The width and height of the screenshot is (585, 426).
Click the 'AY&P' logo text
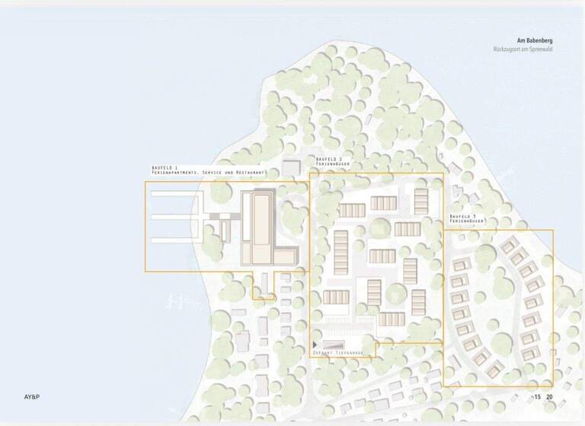pyautogui.click(x=34, y=397)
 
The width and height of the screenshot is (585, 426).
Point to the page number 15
pyautogui.click(x=537, y=397)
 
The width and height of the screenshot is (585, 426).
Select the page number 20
pyautogui.click(x=549, y=397)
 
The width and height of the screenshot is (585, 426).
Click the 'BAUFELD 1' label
pyautogui.click(x=165, y=167)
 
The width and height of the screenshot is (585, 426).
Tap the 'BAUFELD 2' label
pyautogui.click(x=328, y=158)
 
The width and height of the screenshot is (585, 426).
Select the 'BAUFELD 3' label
pyautogui.click(x=462, y=216)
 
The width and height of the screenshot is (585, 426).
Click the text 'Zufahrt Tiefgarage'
pyautogui.click(x=344, y=354)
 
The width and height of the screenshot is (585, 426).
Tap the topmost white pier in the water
pyautogui.click(x=175, y=193)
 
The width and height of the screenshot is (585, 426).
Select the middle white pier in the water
pyautogui.click(x=175, y=217)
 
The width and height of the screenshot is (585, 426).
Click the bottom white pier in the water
pyautogui.click(x=175, y=240)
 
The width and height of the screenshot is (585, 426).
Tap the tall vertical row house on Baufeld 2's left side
pyautogui.click(x=340, y=253)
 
